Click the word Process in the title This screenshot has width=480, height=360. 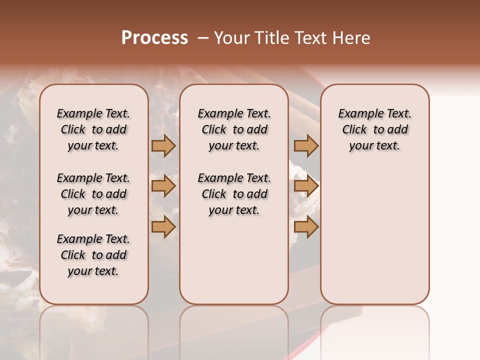point(154,38)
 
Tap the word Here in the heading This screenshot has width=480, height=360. point(352,38)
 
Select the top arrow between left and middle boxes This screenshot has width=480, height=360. point(163,145)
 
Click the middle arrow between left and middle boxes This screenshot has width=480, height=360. point(163,186)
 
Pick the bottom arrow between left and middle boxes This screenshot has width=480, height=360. point(163,227)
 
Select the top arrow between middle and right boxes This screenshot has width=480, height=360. point(306,145)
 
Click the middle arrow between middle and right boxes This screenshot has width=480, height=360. point(306,186)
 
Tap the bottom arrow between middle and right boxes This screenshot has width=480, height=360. point(306,227)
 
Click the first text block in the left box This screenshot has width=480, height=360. point(93,129)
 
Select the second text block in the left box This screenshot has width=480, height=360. point(93,194)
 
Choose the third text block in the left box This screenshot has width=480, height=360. point(93,255)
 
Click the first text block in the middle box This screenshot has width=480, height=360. point(234,129)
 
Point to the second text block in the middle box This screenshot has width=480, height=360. point(234,194)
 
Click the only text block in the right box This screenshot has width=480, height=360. point(374,129)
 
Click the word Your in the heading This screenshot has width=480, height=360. point(231,38)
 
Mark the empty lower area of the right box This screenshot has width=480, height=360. point(374,235)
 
